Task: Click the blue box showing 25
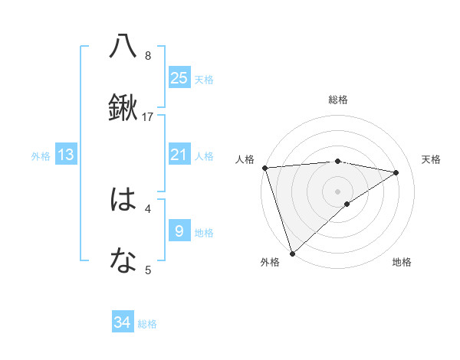coord(179,77)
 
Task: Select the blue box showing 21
coord(179,155)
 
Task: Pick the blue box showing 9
coord(179,230)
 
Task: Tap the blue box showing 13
coord(66,155)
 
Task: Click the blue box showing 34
coord(123,322)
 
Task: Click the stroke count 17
coord(148,117)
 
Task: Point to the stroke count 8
coord(148,55)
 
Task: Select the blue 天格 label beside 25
coord(204,79)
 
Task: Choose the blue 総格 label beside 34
coord(147,324)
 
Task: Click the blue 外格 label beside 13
coord(41,156)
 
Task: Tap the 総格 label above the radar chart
coord(337,100)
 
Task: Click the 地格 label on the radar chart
coord(402,263)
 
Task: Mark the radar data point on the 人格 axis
coord(264,168)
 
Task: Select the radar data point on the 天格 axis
coord(396,172)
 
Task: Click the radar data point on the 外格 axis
coord(292,253)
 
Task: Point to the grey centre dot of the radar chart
coord(337,191)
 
